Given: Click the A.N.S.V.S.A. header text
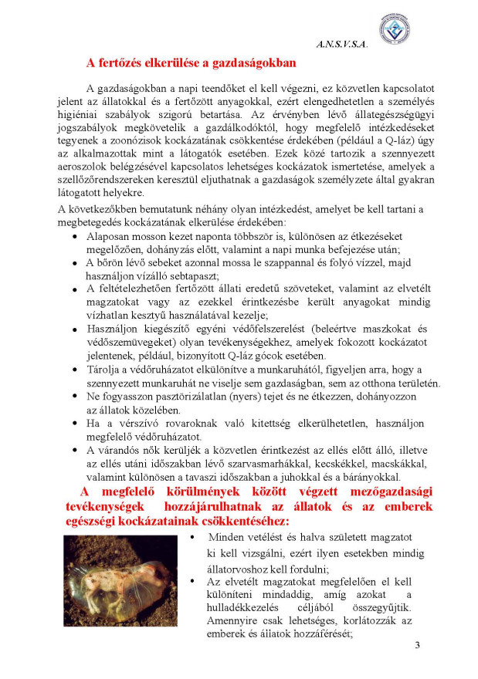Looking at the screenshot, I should [341, 45].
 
